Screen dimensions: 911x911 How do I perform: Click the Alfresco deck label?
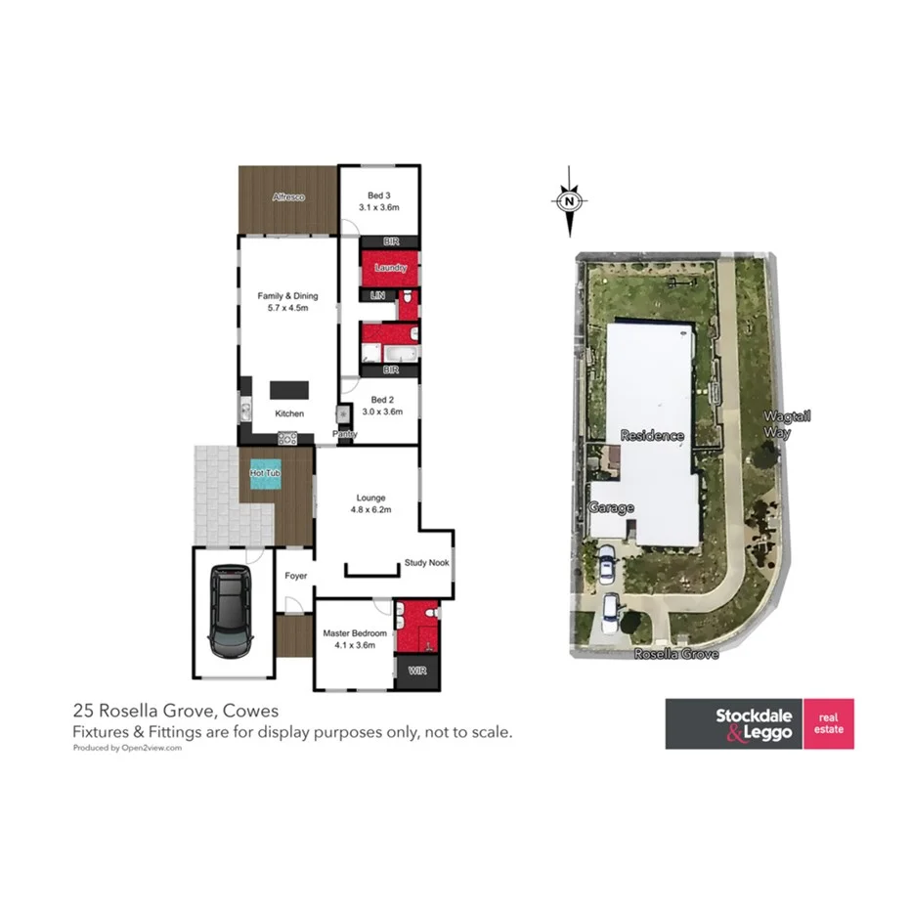click(287, 197)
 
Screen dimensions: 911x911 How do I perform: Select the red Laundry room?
click(390, 266)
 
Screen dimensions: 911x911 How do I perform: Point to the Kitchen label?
click(288, 413)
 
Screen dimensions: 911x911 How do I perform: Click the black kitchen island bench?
click(288, 389)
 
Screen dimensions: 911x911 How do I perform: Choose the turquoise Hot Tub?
click(266, 475)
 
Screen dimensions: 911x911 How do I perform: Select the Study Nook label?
click(425, 563)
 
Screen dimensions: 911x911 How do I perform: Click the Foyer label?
click(295, 576)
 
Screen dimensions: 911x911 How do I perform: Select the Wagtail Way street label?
click(787, 423)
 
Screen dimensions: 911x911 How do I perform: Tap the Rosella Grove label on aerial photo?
click(676, 654)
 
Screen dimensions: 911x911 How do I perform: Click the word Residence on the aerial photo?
click(651, 435)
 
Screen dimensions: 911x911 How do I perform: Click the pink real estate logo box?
click(828, 723)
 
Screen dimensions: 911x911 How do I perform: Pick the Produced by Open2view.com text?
click(128, 748)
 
